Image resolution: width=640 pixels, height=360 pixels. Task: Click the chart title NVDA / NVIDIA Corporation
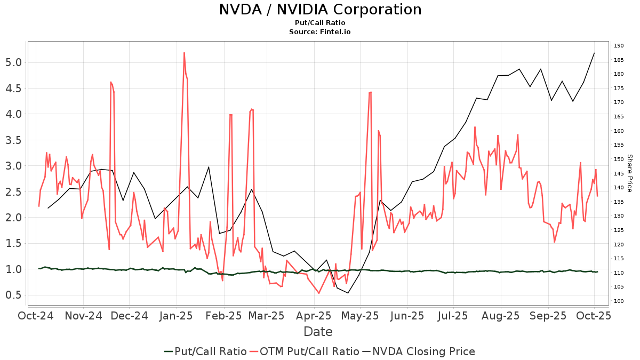(320, 10)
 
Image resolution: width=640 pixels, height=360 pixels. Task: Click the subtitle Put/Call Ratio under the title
(320, 23)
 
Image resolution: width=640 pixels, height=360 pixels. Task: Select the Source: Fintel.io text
(320, 32)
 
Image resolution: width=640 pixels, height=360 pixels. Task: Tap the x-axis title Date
(318, 332)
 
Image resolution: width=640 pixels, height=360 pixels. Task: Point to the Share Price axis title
(629, 173)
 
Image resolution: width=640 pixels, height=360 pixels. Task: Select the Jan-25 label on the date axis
(177, 316)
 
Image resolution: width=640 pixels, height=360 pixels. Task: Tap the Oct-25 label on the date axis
(594, 316)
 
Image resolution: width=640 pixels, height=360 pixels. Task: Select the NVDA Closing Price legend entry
(419, 351)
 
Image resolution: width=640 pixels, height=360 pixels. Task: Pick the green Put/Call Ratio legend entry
(205, 351)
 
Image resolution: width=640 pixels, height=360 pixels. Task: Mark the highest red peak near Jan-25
(184, 53)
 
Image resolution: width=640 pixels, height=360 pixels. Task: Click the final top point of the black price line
(594, 53)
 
